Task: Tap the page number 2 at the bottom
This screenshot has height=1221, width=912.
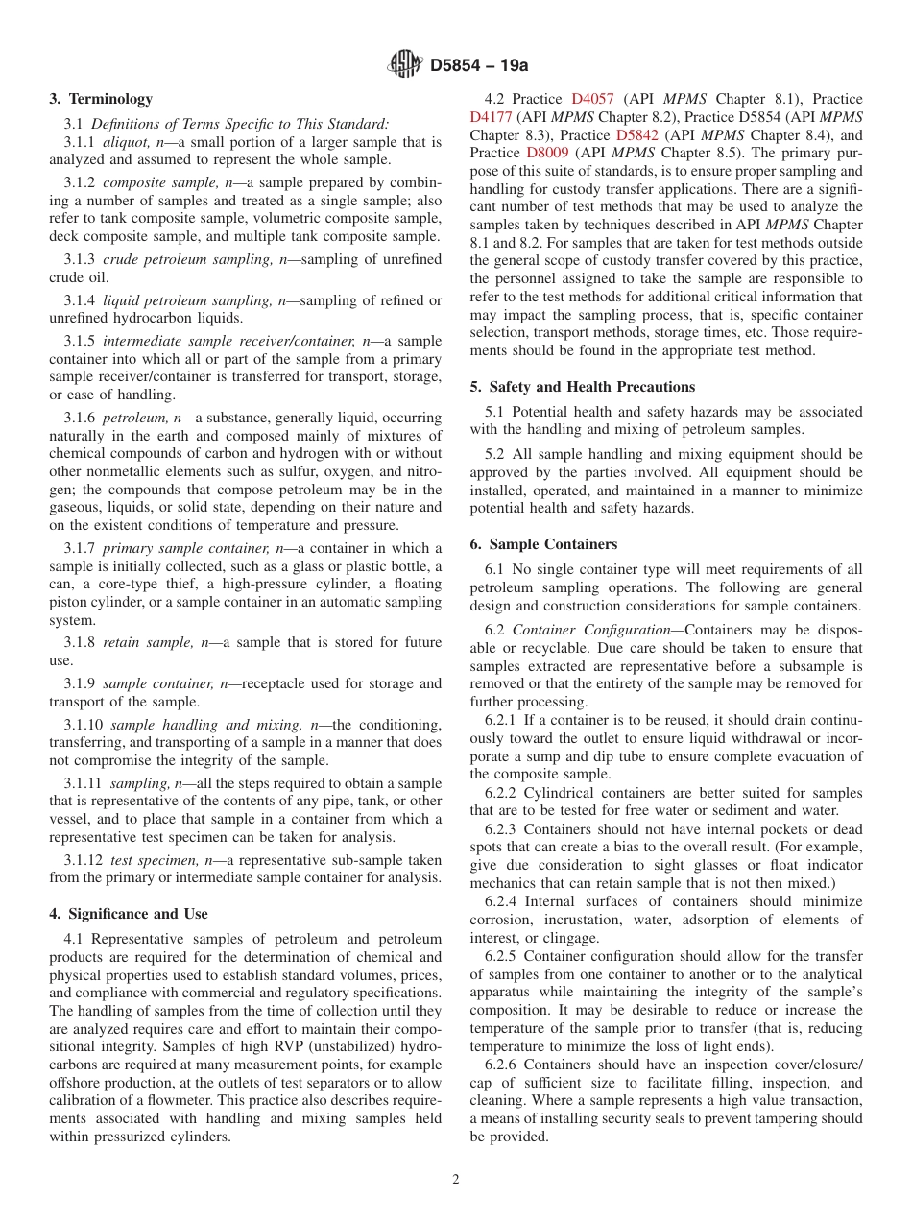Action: [456, 1180]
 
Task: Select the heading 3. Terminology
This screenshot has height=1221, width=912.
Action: [101, 99]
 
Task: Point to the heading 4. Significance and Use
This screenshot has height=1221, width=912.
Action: [129, 914]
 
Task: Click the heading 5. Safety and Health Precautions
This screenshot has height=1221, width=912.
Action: [583, 387]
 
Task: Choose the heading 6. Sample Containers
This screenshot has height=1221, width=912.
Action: [543, 544]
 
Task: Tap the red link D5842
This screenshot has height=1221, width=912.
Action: [636, 135]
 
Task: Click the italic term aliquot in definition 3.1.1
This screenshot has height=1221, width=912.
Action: [125, 142]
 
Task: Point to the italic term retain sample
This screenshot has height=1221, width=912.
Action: [138, 642]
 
